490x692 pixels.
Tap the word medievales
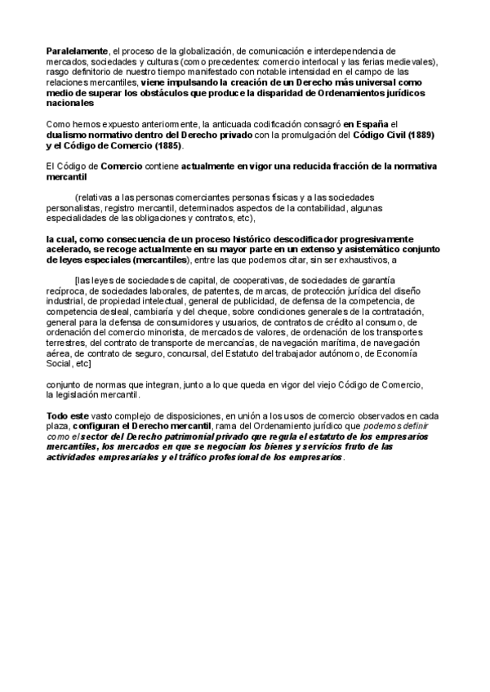pos(412,60)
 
